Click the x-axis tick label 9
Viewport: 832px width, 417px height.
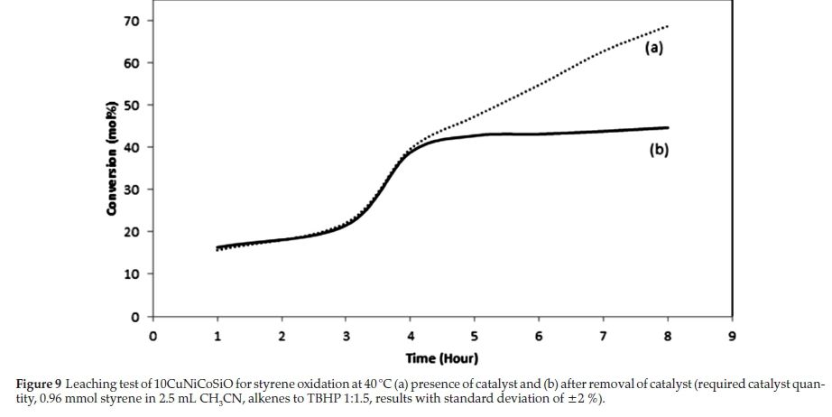(x=731, y=337)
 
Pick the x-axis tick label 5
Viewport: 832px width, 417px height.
(x=474, y=337)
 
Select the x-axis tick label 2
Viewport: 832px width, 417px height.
(x=282, y=337)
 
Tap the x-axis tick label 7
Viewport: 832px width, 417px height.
(x=603, y=337)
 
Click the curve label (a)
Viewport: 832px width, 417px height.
(x=653, y=49)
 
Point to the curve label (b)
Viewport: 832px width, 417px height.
(x=659, y=151)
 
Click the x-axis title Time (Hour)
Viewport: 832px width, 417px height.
(x=442, y=358)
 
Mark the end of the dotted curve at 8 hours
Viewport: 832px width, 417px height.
(x=667, y=26)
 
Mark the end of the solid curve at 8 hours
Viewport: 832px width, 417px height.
(x=668, y=127)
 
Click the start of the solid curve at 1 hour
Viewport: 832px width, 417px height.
(x=217, y=246)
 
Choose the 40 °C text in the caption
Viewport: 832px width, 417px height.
(x=379, y=385)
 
